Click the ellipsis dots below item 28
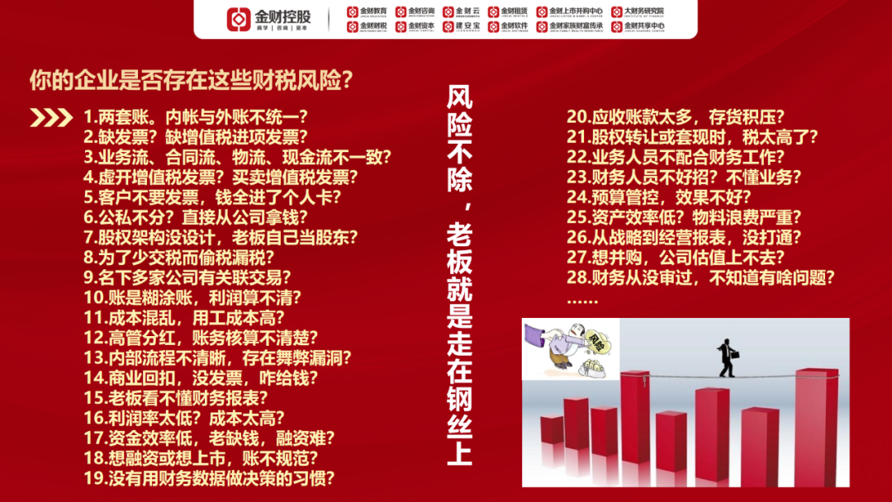tap(582, 299)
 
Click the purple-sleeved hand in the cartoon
tap(544, 339)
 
